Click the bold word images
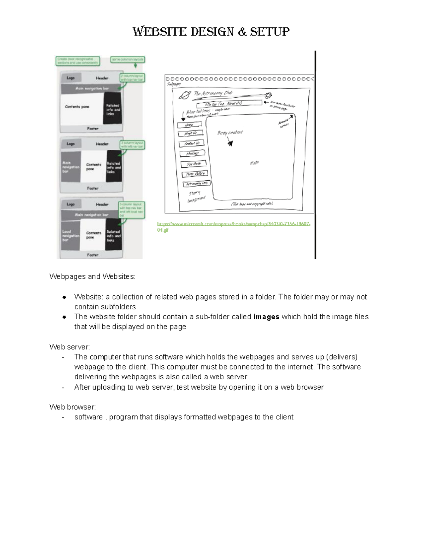point(266,317)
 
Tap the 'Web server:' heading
point(70,347)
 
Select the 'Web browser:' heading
point(72,407)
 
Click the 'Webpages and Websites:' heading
point(92,277)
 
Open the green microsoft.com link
point(234,224)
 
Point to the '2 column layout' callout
point(132,78)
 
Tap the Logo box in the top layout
point(71,78)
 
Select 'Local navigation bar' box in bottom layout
point(70,236)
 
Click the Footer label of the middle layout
point(93,188)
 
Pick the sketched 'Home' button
point(190,125)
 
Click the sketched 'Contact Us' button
point(192,143)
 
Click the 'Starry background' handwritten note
point(196,197)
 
